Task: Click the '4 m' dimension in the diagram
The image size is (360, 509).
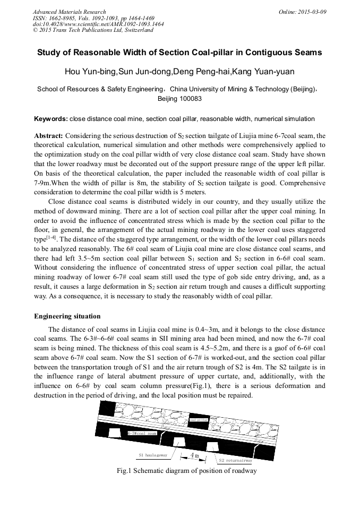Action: click(194, 456)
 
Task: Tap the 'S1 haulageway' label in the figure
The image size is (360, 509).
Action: click(152, 455)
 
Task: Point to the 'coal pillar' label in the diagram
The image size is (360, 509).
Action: click(199, 419)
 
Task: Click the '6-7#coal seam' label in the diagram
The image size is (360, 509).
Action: click(142, 434)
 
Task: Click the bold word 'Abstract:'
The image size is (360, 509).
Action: click(49, 136)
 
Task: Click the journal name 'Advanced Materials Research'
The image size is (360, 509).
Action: click(69, 12)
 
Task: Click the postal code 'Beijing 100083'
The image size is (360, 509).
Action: click(179, 99)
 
